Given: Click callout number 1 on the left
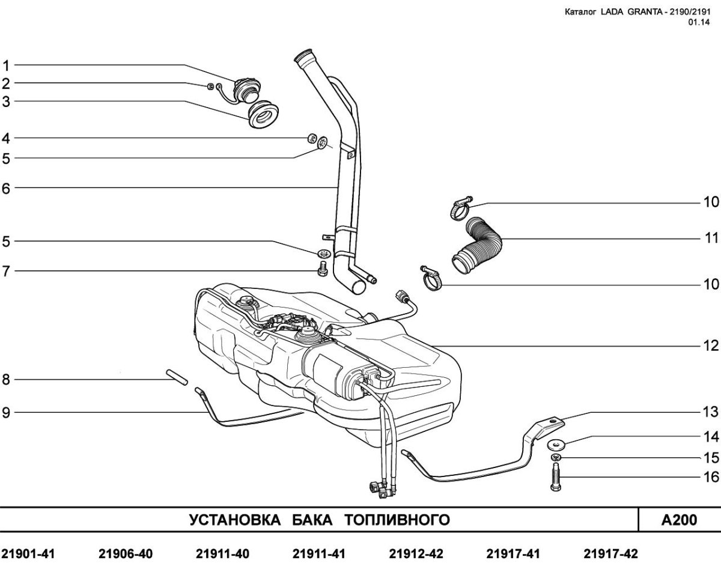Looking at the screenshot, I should click(x=6, y=65).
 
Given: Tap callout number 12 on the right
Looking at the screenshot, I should click(x=711, y=346).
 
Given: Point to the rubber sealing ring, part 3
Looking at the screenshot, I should click(x=264, y=115).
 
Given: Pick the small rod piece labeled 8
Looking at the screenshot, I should click(x=177, y=377).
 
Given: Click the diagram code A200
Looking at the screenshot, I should click(x=679, y=520).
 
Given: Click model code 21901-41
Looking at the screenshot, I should click(x=28, y=554).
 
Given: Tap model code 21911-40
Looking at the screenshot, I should click(x=222, y=554).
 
